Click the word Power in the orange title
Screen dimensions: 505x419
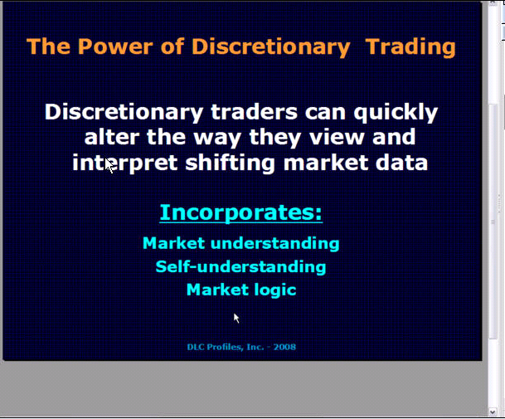pos(115,46)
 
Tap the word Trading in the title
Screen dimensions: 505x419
pos(410,47)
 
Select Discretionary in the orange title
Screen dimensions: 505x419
pos(271,47)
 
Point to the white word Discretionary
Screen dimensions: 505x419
pos(124,113)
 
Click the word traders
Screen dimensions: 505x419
pos(254,112)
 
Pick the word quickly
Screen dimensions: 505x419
pos(396,113)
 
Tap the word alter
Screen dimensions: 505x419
pos(112,137)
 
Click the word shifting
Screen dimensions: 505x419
pos(230,163)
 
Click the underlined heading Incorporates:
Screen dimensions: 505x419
pos(241,212)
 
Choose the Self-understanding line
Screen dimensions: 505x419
pos(241,267)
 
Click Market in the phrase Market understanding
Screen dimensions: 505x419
pos(173,243)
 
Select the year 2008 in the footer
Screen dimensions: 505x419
pos(284,347)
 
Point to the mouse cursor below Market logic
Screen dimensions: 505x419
pos(236,318)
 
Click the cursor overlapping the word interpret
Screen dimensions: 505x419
pos(109,166)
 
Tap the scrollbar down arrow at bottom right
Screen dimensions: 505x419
pos(493,412)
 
